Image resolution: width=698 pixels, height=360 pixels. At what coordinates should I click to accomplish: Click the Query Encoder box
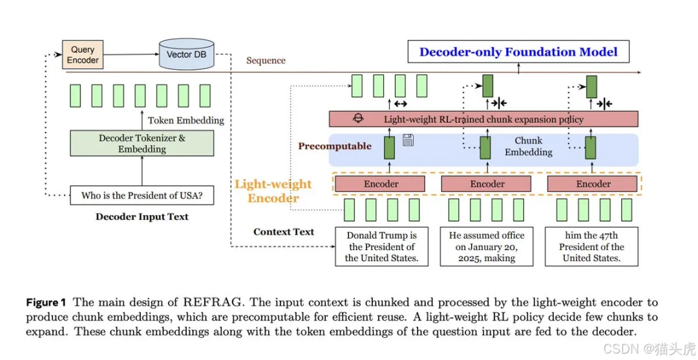click(x=83, y=55)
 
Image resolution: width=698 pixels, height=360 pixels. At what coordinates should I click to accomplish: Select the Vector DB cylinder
click(x=187, y=54)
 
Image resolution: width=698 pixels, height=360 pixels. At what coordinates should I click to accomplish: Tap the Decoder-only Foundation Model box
click(x=518, y=52)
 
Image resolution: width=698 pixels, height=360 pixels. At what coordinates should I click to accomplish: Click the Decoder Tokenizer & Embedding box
click(x=142, y=143)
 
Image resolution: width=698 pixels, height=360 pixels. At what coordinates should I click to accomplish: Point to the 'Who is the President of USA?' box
click(x=142, y=195)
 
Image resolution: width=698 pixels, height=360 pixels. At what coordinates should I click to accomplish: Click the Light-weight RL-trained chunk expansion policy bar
click(x=483, y=119)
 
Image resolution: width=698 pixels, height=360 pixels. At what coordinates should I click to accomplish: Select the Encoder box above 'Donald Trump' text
click(x=381, y=184)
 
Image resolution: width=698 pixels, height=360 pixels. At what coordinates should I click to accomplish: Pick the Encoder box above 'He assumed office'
click(x=487, y=184)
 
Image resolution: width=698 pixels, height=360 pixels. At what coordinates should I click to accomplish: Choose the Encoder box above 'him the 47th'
click(x=593, y=184)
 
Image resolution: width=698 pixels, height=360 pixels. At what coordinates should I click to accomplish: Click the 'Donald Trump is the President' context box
click(x=381, y=246)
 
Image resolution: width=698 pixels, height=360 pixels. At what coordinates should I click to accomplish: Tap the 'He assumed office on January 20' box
click(x=487, y=246)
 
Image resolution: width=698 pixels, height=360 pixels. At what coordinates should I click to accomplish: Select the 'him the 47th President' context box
click(x=591, y=246)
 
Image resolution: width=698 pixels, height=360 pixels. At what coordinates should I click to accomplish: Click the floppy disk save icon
click(x=408, y=140)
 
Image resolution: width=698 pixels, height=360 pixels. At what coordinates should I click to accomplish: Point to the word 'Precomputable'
click(x=334, y=146)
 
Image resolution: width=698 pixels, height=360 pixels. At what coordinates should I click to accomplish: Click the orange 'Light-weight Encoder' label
click(x=273, y=191)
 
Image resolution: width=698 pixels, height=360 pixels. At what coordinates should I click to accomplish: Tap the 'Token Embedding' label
click(x=185, y=120)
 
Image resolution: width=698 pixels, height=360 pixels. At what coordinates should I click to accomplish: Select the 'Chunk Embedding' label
click(x=528, y=146)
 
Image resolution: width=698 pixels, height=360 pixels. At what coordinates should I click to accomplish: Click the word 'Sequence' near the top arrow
click(x=266, y=61)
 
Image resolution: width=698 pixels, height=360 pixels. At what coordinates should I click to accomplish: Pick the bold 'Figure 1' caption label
click(x=46, y=302)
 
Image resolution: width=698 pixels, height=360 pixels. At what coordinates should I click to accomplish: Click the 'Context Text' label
click(x=284, y=232)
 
